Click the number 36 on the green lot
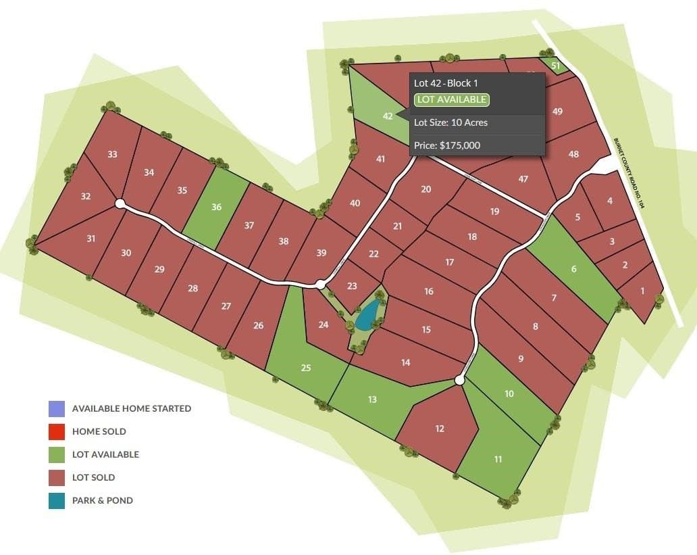click(216, 207)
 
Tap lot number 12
click(440, 429)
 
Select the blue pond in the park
click(367, 315)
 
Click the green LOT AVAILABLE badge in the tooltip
click(451, 100)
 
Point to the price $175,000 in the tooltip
click(448, 145)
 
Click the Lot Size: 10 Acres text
click(450, 122)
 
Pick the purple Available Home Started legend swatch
click(57, 409)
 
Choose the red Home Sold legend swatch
click(57, 431)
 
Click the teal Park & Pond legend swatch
click(57, 501)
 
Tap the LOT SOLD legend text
click(93, 477)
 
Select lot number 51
click(555, 66)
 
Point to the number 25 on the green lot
click(306, 368)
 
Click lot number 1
click(642, 291)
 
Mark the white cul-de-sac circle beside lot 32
click(120, 203)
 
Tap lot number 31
click(91, 238)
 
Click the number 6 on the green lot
click(574, 269)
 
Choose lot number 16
click(429, 291)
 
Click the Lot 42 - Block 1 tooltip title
click(446, 83)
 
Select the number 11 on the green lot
click(498, 460)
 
